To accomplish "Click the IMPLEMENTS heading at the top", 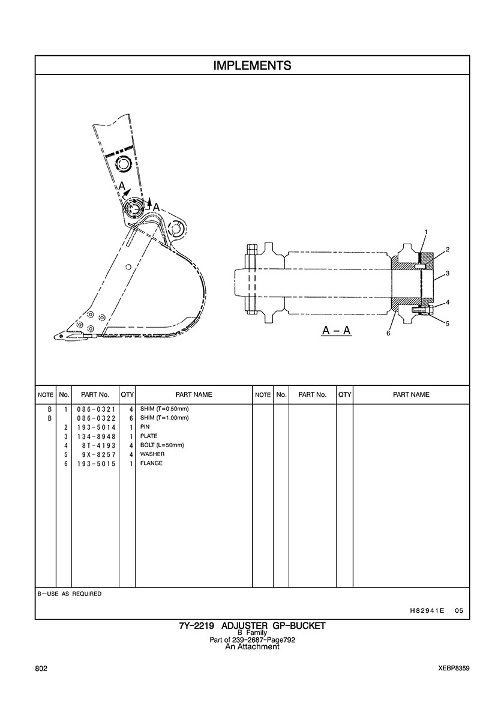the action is [x=252, y=65].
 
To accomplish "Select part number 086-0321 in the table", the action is [x=97, y=409].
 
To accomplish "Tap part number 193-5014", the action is [x=97, y=427].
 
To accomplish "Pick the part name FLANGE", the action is [x=151, y=463].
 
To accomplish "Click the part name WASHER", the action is [x=152, y=454].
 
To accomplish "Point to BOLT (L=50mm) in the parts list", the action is [x=162, y=445].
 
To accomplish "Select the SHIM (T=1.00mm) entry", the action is [x=164, y=418].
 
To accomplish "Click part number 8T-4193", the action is [x=99, y=445].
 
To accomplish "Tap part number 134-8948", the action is [x=97, y=436].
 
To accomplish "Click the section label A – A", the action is [x=337, y=331].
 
